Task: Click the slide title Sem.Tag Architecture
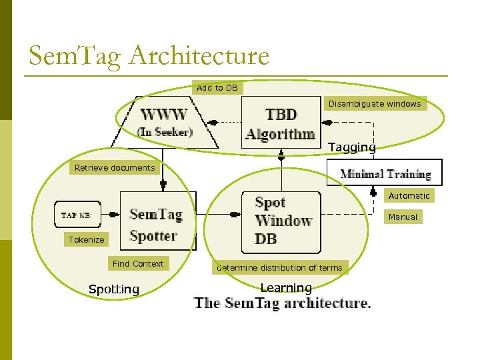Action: coord(149,56)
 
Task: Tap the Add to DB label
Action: coord(217,88)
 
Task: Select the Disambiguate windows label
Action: coord(374,104)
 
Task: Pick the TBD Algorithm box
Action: coord(280,123)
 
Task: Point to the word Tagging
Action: coord(351,147)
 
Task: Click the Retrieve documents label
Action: coord(114,168)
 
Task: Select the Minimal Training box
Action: coord(385,175)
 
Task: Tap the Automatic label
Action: coord(409,196)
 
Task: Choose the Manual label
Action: coord(403,217)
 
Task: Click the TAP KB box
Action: coord(77,215)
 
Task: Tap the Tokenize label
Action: coord(86,240)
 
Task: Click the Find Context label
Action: coord(138,264)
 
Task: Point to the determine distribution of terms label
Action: coord(279,268)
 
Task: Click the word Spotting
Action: coord(114,289)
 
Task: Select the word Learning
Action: coord(286,288)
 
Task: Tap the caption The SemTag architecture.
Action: coord(283,303)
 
